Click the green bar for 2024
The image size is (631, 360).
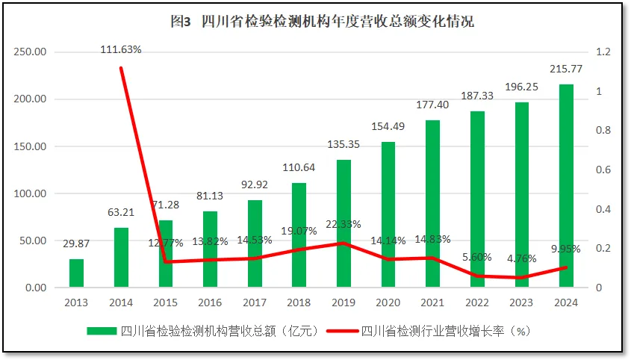pos(566,186)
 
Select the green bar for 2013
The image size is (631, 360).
pos(77,273)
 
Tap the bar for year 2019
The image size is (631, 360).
pos(344,223)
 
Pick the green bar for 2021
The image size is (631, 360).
pos(433,204)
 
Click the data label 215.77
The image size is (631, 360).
pos(566,69)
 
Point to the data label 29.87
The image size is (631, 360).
pos(76,243)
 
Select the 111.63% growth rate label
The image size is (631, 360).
pos(121,49)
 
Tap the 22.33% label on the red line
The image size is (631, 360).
pos(344,224)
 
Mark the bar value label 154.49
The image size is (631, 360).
pos(388,125)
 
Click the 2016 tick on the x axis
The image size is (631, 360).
pos(210,302)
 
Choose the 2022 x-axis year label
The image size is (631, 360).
pos(477,302)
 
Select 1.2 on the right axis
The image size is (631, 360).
pos(603,52)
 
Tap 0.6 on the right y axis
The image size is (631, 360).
pos(603,170)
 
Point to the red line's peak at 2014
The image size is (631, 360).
pos(121,68)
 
